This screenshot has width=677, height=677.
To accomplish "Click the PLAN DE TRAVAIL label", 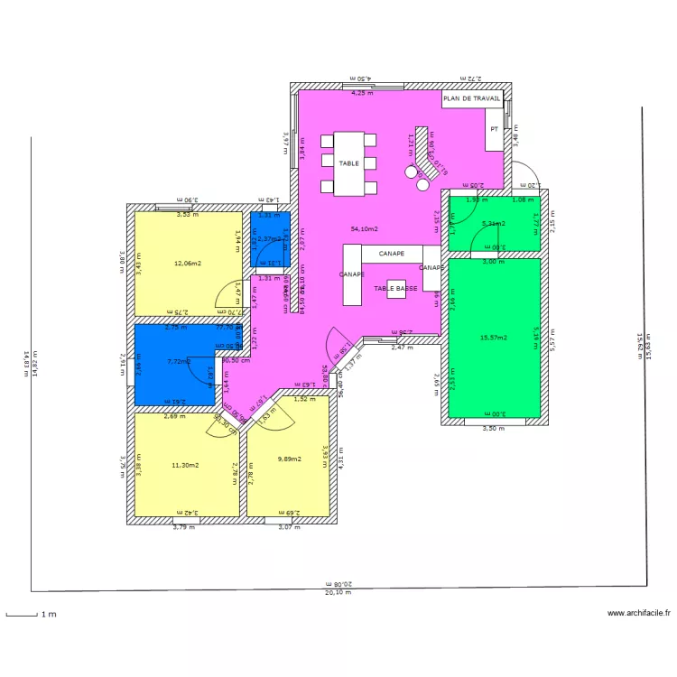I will (471, 98).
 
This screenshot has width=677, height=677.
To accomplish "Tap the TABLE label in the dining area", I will (348, 163).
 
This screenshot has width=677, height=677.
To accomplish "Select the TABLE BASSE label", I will (394, 288).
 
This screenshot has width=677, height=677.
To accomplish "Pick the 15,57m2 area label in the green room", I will (494, 338).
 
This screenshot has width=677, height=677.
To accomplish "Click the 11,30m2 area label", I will (186, 465).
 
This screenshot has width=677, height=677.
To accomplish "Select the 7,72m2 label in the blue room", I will (180, 361).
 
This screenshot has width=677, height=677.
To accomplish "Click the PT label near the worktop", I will (494, 129).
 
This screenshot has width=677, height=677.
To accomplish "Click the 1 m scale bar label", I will (47, 615).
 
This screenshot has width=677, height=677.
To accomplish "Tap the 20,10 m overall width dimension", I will (339, 593).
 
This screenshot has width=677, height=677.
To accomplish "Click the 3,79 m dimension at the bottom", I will (183, 527).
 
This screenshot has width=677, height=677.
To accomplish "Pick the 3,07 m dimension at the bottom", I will (287, 527).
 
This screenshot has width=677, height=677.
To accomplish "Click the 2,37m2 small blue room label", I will (268, 239).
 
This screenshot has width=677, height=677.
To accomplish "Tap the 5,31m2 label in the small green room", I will (493, 224).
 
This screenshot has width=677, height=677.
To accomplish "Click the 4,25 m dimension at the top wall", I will (362, 92).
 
